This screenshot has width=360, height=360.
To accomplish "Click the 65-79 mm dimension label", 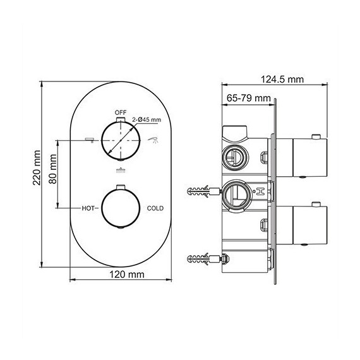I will (248, 98).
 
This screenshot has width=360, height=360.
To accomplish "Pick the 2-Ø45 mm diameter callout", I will (147, 119).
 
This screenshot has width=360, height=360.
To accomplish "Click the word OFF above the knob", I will (121, 112).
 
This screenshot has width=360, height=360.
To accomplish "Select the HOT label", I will (88, 207).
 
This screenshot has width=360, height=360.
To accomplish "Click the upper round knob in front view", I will (121, 140).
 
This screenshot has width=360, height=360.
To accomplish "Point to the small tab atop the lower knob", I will (121, 186).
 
